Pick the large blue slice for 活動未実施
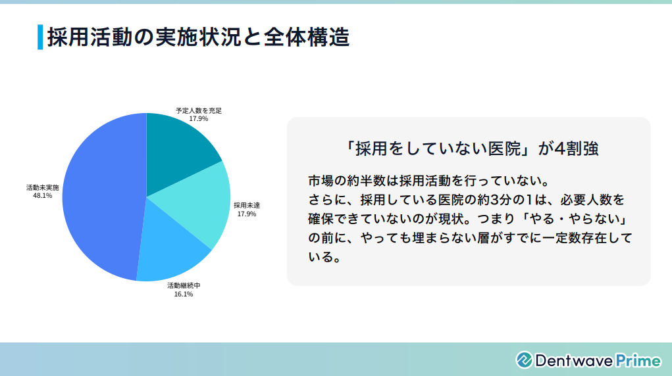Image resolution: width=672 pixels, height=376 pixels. [x=103, y=197]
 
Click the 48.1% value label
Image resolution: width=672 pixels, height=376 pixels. [x=42, y=196]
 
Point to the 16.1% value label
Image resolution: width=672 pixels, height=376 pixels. [x=184, y=294]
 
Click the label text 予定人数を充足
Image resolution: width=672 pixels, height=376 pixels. [x=199, y=110]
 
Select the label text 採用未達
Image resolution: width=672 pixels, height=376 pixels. [x=246, y=206]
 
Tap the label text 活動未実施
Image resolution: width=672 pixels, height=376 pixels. [x=42, y=187]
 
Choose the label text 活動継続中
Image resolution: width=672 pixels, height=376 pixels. [x=184, y=286]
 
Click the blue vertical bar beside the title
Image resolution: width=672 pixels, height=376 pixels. [x=40, y=37]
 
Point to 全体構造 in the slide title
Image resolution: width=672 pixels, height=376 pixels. [x=307, y=37]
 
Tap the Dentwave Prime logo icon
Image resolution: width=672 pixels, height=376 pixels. [x=524, y=360]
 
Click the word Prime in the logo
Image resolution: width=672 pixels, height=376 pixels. [x=638, y=361]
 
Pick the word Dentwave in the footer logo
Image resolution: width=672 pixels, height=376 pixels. [x=575, y=361]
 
